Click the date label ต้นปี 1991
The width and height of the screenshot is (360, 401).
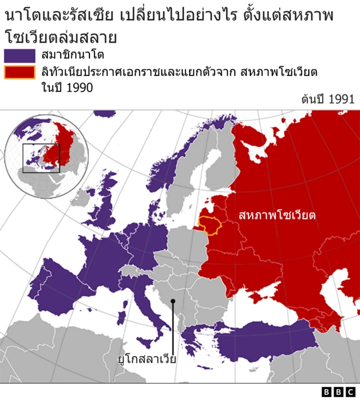tap(328, 99)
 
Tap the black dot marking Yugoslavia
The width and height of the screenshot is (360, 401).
tap(173, 301)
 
